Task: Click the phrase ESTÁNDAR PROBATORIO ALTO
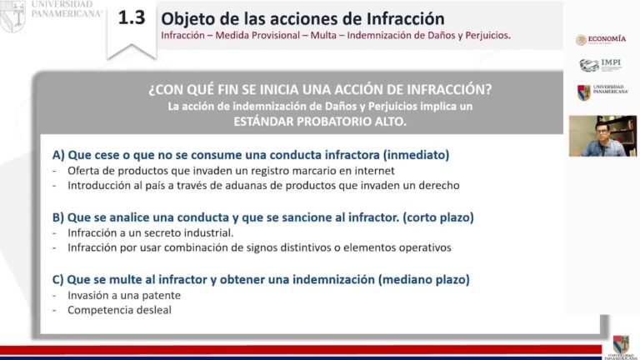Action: point(320,121)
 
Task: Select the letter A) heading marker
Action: point(58,155)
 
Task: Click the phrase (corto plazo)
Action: point(438,217)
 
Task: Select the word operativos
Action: point(422,247)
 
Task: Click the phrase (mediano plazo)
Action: point(423,280)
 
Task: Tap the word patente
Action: point(162,295)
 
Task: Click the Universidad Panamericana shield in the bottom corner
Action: point(620,344)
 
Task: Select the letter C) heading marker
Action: point(58,280)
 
